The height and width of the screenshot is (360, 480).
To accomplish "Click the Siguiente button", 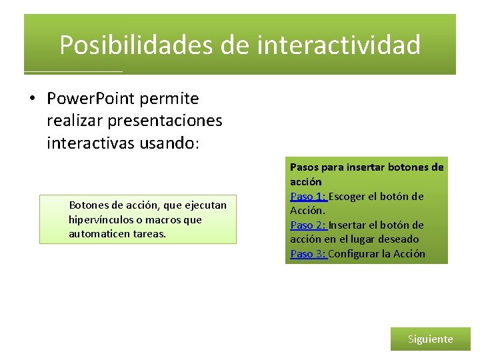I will click(x=430, y=339).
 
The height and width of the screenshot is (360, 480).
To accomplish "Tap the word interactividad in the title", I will click(x=339, y=45).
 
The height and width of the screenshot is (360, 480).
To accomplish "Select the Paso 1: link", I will click(x=308, y=196).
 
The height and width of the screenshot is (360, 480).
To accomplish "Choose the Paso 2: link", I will click(x=308, y=225).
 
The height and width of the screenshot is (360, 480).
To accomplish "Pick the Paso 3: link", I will click(x=308, y=253).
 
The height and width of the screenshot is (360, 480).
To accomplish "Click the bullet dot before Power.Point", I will click(x=31, y=99).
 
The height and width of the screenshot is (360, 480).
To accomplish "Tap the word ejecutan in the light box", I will click(x=206, y=205).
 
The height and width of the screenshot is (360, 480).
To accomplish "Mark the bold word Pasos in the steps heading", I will click(x=304, y=167).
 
